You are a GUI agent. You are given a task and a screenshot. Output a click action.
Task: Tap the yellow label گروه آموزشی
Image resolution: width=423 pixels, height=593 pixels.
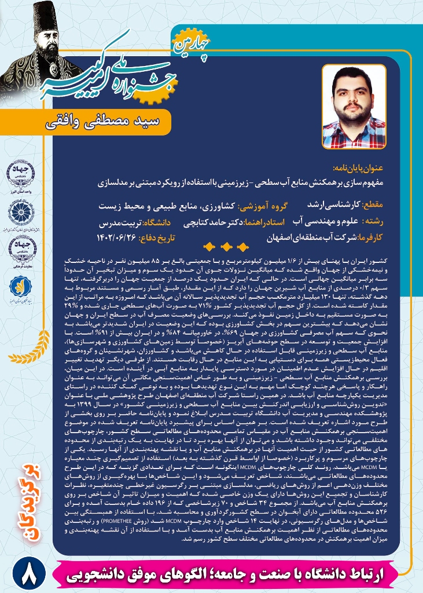271,206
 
